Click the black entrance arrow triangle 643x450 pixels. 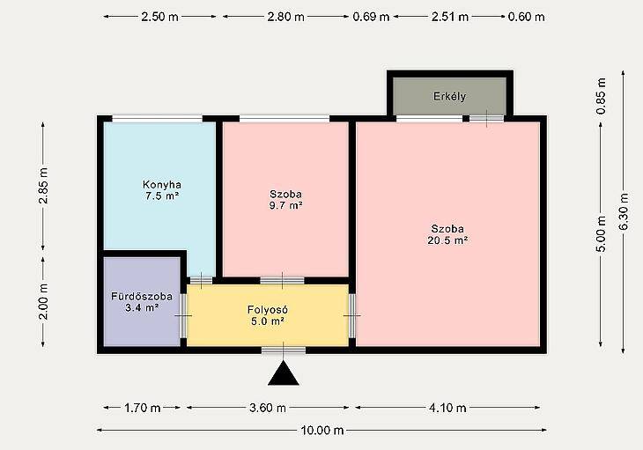click(284, 373)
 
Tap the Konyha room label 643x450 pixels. click(162, 184)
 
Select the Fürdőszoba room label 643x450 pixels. click(142, 296)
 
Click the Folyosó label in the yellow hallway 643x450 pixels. click(268, 309)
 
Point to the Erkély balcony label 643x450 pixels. click(449, 97)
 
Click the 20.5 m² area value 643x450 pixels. click(447, 240)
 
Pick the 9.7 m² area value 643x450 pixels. click(285, 205)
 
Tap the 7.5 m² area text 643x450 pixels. click(162, 195)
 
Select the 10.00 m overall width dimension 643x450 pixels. click(322, 431)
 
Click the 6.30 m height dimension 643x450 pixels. click(624, 212)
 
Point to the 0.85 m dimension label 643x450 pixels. click(602, 96)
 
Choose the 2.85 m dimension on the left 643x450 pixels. click(43, 186)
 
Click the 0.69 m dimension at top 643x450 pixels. click(371, 17)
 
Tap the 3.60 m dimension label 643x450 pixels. click(268, 408)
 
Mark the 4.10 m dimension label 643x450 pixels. click(447, 408)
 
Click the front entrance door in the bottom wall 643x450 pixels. click(284, 350)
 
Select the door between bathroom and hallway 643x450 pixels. click(183, 315)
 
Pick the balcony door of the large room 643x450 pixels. click(486, 119)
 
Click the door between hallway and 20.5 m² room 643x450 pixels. click(351, 315)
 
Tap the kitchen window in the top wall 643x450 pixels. click(158, 119)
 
